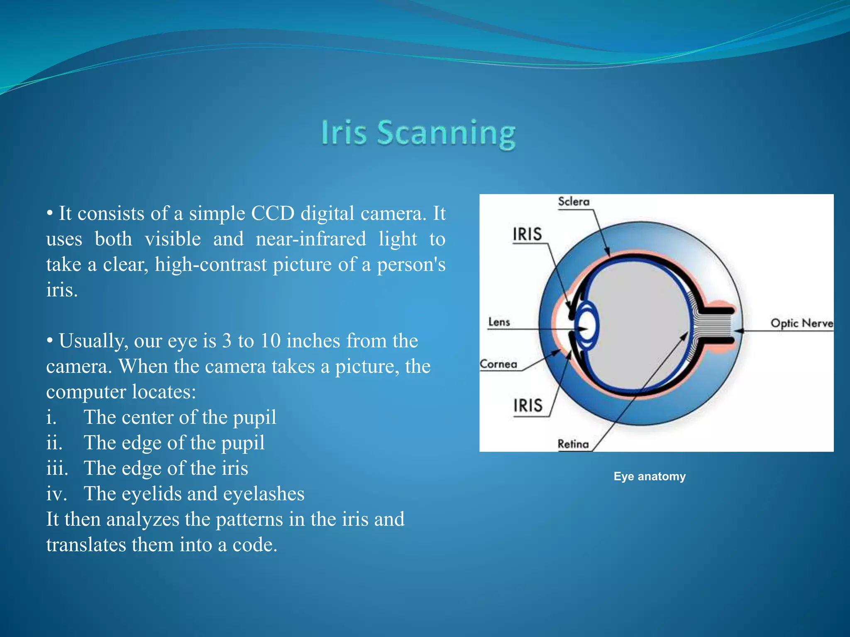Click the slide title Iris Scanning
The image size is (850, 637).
(x=418, y=133)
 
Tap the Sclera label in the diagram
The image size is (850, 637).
(x=574, y=202)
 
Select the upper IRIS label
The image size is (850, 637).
(x=527, y=234)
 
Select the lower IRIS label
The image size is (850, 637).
(x=528, y=405)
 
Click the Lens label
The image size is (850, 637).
(x=499, y=322)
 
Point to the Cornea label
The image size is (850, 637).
(x=498, y=364)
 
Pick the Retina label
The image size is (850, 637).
(x=573, y=444)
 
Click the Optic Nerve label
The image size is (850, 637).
(x=801, y=323)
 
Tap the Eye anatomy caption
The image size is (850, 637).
(x=650, y=476)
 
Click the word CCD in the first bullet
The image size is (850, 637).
(x=272, y=214)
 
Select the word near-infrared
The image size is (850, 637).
(x=311, y=239)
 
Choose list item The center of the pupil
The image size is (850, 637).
(x=180, y=417)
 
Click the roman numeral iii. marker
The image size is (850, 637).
(x=57, y=468)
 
